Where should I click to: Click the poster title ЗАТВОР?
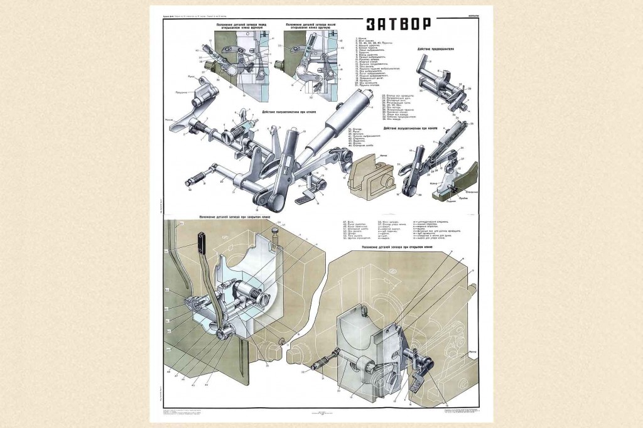tap(397, 24)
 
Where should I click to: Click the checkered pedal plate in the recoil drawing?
tap(305, 200)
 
